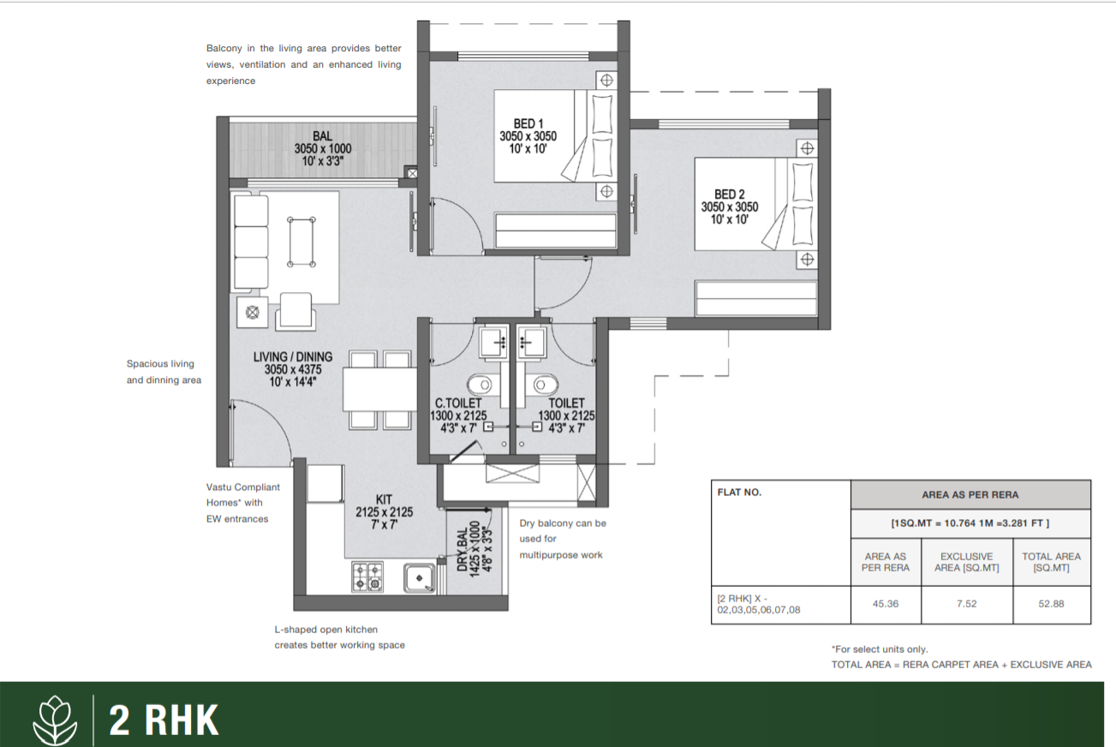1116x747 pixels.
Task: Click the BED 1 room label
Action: click(x=528, y=123)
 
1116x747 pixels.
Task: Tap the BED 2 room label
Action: click(x=730, y=194)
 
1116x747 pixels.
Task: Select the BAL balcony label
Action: click(x=322, y=136)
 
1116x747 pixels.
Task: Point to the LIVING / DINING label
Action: click(x=293, y=357)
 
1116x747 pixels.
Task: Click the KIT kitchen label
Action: click(x=384, y=499)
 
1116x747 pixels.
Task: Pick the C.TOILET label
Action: click(x=458, y=403)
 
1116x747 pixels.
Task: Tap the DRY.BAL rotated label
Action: click(x=463, y=550)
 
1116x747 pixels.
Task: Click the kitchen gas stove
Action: click(x=367, y=577)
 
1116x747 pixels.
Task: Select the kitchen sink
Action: click(x=419, y=578)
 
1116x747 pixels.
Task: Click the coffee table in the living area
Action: click(x=301, y=242)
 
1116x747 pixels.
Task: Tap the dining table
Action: click(x=379, y=389)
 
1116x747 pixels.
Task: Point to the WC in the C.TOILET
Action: click(x=480, y=385)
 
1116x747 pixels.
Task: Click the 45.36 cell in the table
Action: click(x=886, y=604)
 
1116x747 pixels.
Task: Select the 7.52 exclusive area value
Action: click(x=966, y=604)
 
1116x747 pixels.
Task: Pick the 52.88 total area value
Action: click(x=1051, y=604)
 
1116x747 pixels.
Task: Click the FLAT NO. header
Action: click(x=739, y=493)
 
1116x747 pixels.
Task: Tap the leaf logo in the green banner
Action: click(x=55, y=720)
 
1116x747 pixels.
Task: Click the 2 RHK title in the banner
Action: click(x=164, y=720)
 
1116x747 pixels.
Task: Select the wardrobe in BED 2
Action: click(x=755, y=298)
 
